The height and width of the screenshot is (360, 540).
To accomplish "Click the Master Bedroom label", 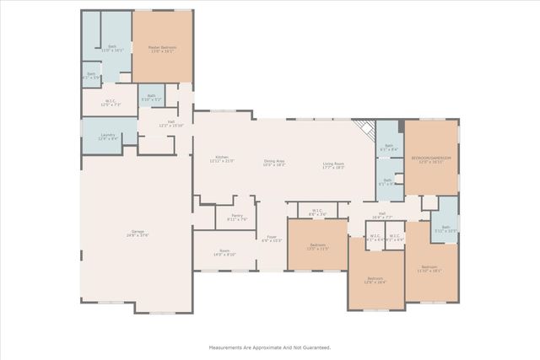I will (x=163, y=49).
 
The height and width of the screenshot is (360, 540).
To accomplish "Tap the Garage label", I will (x=139, y=234).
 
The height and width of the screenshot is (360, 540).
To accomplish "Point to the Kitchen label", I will (x=222, y=159).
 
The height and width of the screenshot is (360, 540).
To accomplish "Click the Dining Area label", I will (x=275, y=164).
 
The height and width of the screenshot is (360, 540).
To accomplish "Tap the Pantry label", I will (x=238, y=218).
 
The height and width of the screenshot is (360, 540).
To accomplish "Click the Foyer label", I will (x=272, y=239).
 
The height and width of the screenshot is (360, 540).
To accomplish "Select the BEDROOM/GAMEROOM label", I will (x=431, y=160).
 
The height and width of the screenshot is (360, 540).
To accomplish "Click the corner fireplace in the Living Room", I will (x=364, y=129).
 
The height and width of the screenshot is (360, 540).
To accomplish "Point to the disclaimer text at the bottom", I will (x=270, y=347).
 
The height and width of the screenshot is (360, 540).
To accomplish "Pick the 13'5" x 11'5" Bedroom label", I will (x=316, y=248).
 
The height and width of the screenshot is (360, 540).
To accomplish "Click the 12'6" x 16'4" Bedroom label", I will (x=375, y=281).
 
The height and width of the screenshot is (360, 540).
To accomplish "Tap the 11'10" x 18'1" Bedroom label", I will (x=429, y=269).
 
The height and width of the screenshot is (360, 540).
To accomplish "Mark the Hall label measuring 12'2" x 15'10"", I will (x=171, y=124).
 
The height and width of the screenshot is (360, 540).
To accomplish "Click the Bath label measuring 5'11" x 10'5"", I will (x=445, y=228).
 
